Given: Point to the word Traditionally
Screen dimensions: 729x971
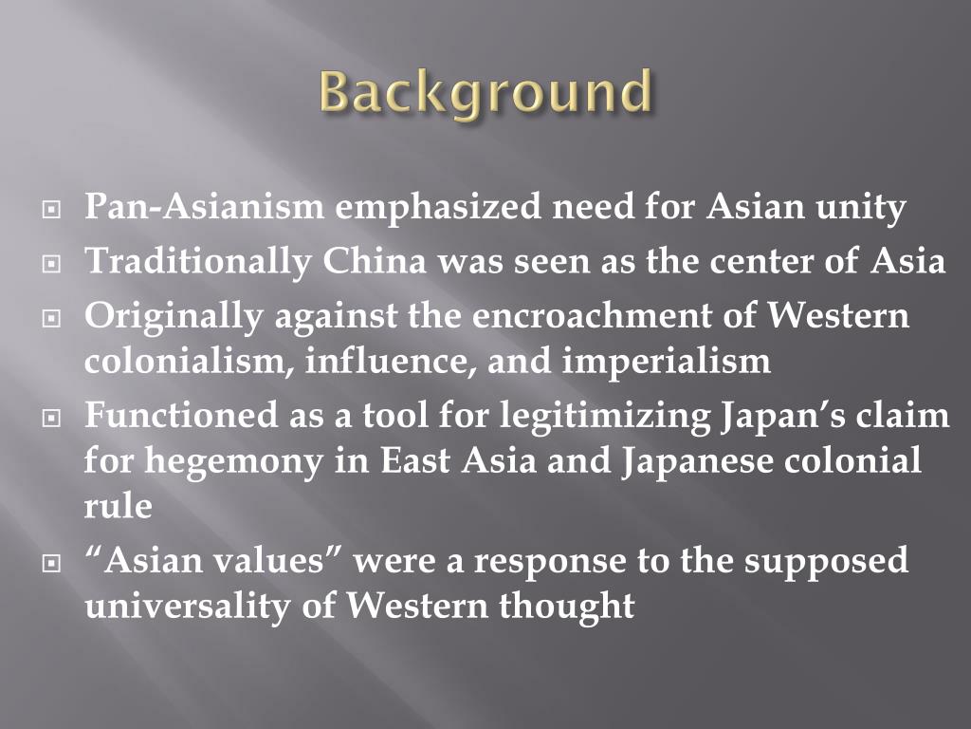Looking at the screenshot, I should (197, 261).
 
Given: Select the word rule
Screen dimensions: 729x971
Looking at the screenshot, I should (118, 506).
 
